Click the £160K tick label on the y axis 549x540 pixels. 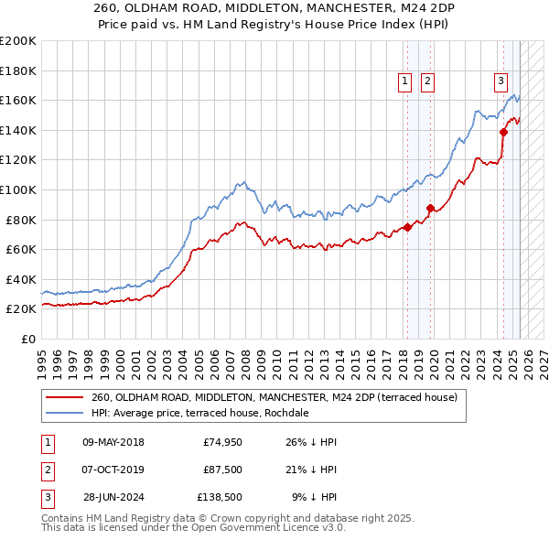(x=18, y=100)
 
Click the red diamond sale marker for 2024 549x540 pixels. (x=503, y=132)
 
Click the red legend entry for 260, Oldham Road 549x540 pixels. (x=280, y=397)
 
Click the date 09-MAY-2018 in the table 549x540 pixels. (x=113, y=442)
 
